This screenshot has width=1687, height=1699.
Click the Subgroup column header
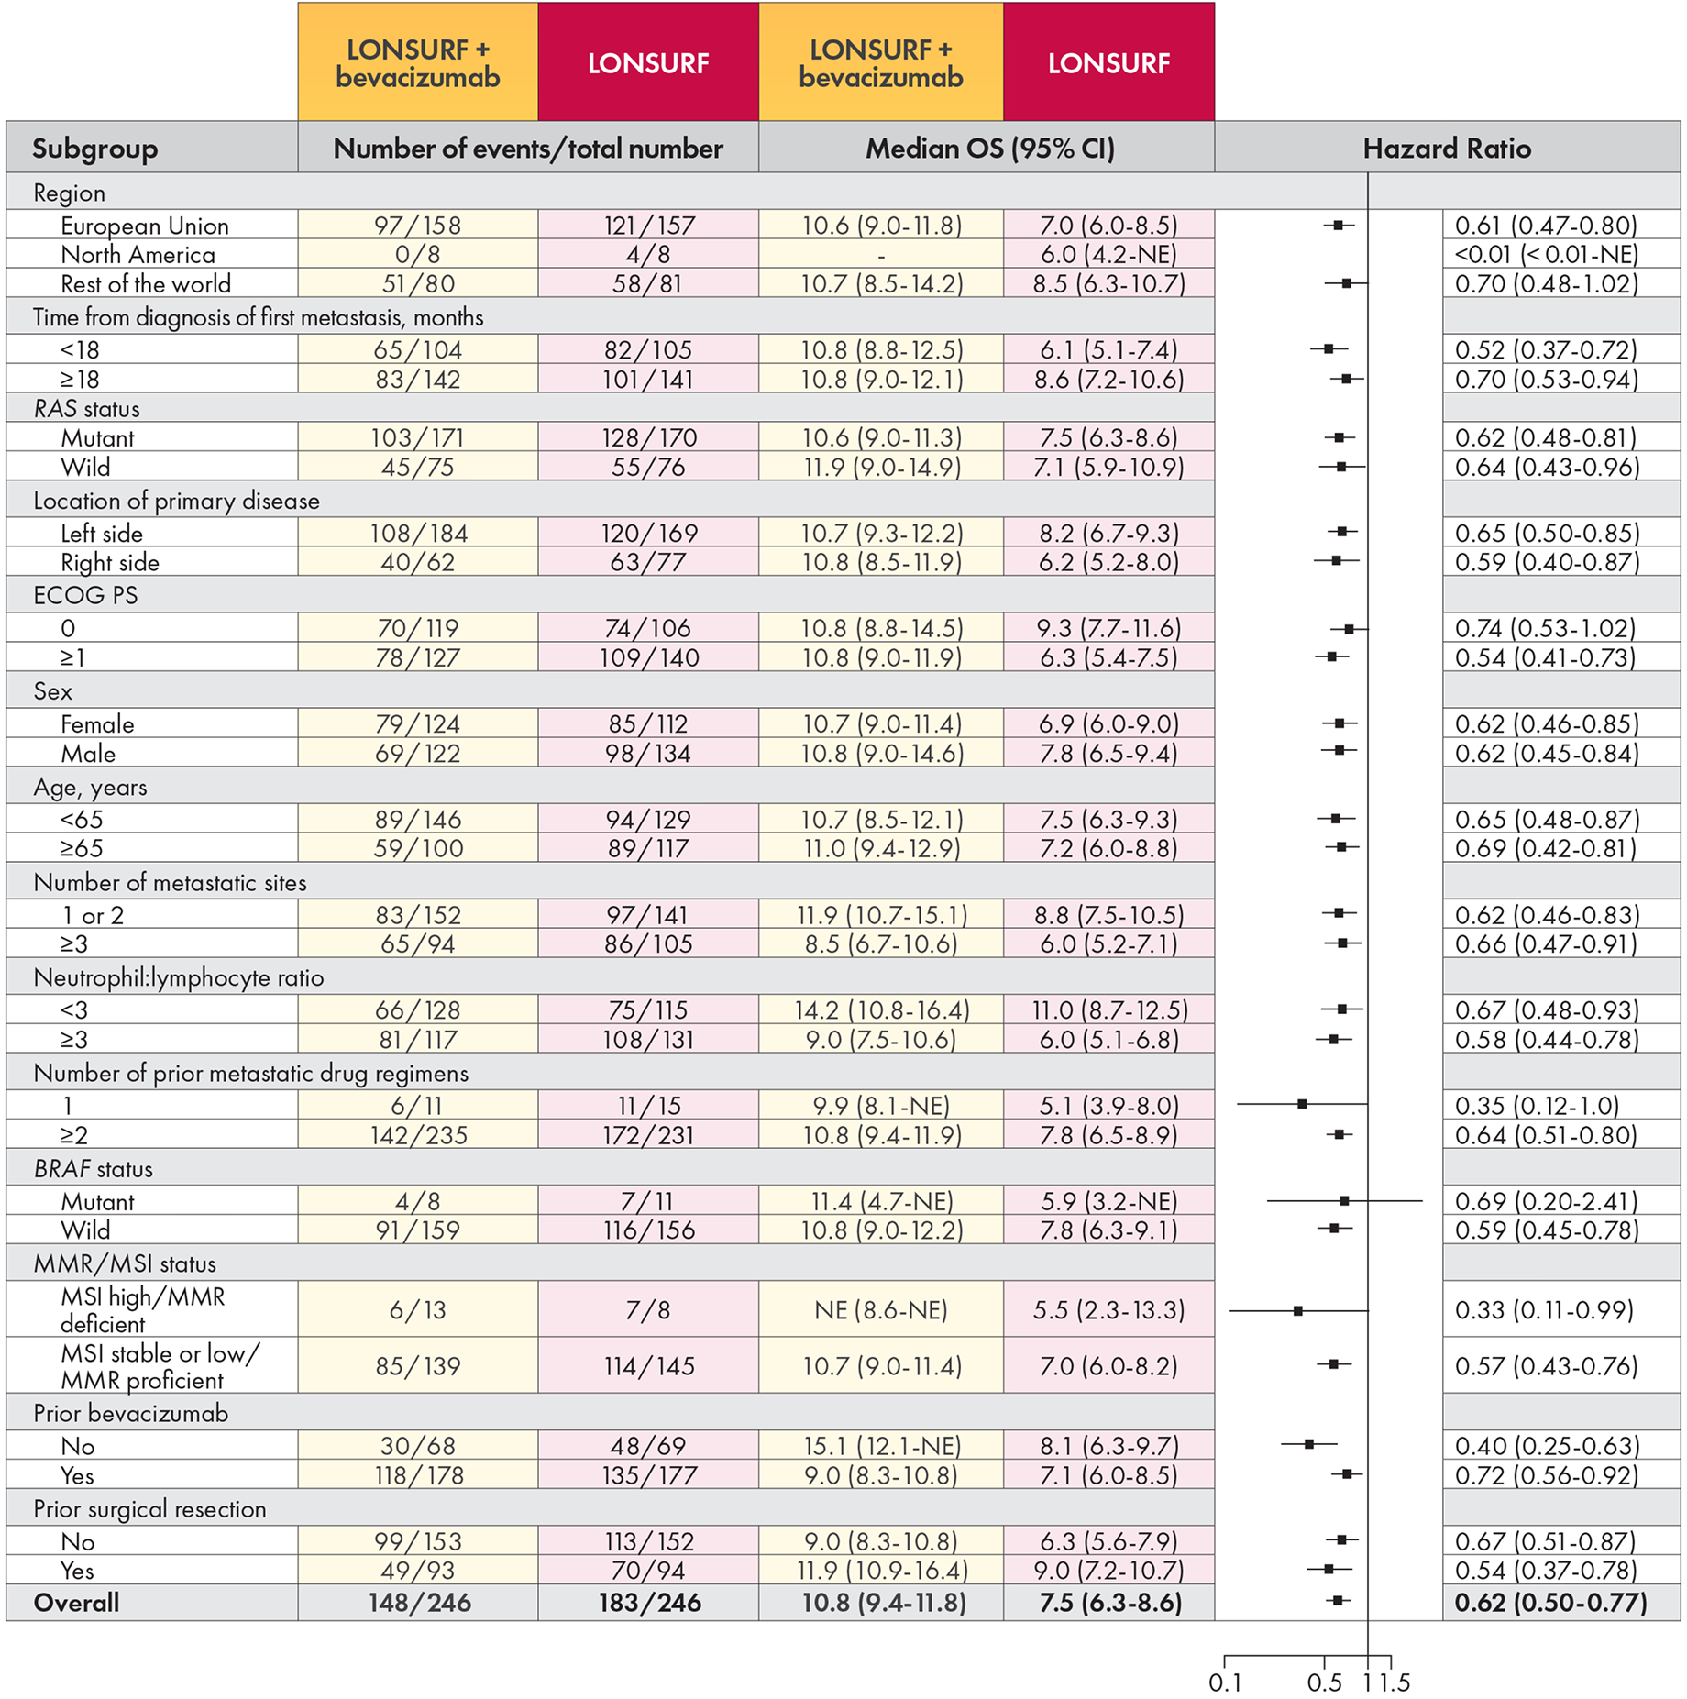[x=94, y=149]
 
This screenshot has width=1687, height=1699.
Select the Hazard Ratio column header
[x=1446, y=149]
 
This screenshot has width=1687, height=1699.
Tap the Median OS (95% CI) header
[x=989, y=149]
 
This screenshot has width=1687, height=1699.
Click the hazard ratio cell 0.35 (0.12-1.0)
[x=1537, y=1105]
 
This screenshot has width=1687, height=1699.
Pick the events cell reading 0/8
[x=417, y=254]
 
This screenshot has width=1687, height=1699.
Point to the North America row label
[x=138, y=254]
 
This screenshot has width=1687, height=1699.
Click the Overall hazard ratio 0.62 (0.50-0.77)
[x=1550, y=1602]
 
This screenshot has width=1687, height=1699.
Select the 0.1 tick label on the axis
[x=1224, y=1682]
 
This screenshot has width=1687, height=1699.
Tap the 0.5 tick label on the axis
[x=1324, y=1682]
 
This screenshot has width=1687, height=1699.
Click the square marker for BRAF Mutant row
[x=1344, y=1200]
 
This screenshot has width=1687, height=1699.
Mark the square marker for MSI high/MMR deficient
[x=1297, y=1311]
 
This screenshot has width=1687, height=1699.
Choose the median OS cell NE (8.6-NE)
[x=880, y=1309]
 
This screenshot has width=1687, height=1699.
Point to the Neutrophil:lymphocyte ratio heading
[x=178, y=977]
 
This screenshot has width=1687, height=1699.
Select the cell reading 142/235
[x=417, y=1134]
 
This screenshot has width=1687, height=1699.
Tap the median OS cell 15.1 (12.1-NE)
[x=880, y=1445]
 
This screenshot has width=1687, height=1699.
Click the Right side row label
[x=110, y=562]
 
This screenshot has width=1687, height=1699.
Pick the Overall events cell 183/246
[x=648, y=1602]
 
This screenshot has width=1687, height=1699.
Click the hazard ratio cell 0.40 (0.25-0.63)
[x=1546, y=1445]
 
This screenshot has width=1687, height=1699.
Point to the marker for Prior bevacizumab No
[x=1309, y=1444]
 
